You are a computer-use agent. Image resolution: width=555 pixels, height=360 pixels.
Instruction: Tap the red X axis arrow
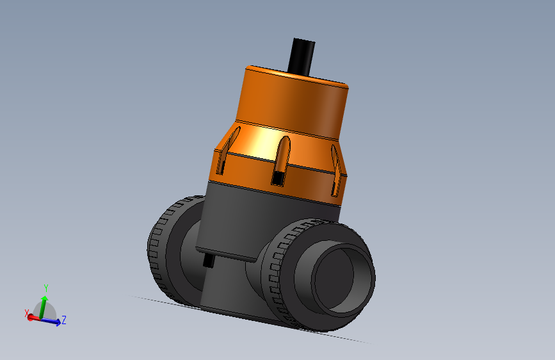coord(31,316)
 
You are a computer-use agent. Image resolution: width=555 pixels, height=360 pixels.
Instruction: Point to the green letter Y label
coord(46,288)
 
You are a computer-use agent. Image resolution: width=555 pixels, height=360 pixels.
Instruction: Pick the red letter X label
coord(26,313)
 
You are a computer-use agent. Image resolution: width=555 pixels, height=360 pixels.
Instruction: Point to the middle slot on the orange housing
coord(282,158)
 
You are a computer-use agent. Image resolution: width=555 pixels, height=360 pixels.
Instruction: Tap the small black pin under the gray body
coord(208,262)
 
